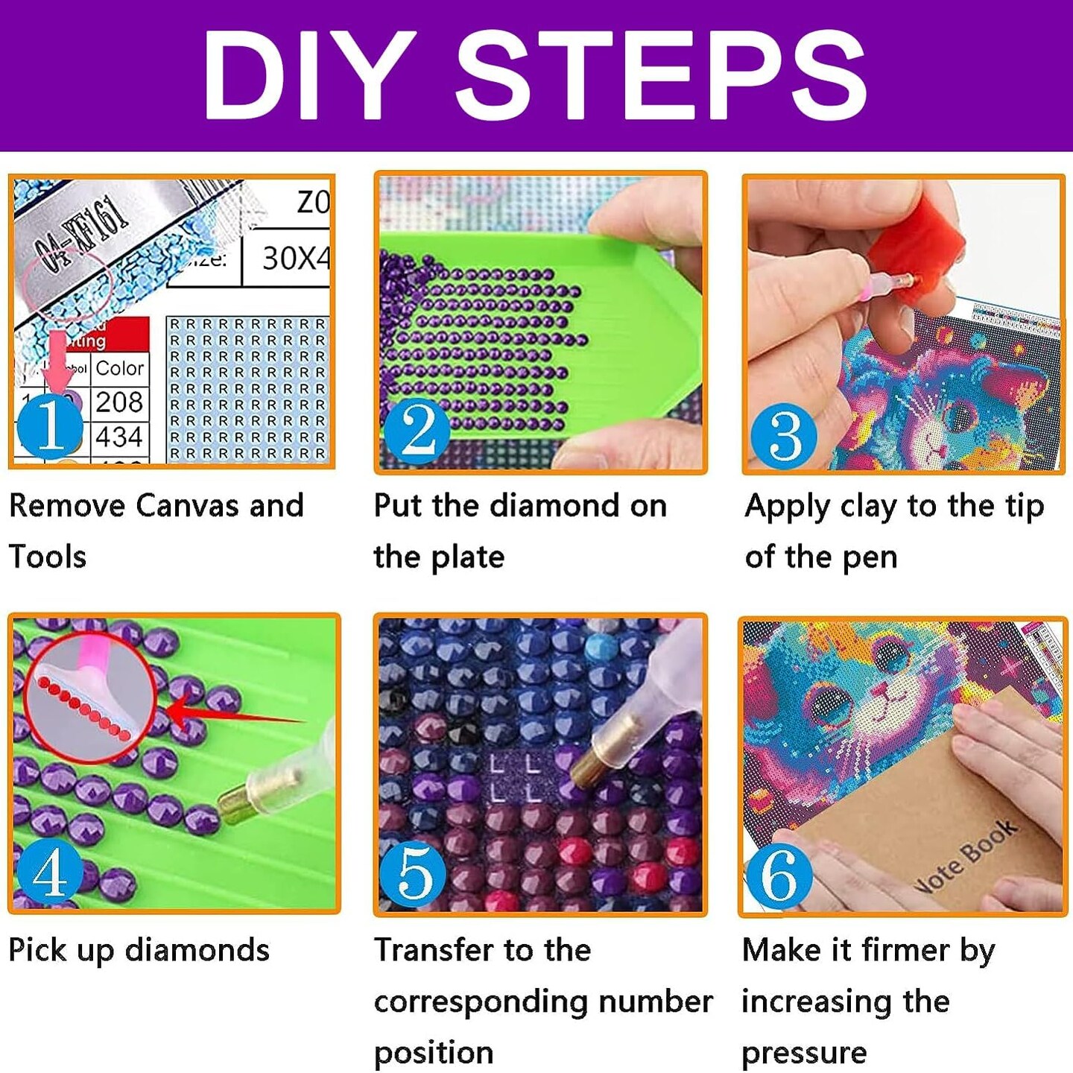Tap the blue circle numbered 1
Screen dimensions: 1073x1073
tap(50, 425)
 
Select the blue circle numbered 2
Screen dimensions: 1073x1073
tap(417, 431)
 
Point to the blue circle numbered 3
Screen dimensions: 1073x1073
tap(784, 435)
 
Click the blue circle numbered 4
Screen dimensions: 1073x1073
tap(50, 871)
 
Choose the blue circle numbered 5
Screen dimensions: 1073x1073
tap(413, 874)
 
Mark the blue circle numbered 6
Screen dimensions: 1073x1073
tap(779, 876)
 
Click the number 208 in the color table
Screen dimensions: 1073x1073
tap(119, 402)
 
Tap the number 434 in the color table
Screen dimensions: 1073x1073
tap(119, 437)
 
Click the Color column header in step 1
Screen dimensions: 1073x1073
tap(119, 368)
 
